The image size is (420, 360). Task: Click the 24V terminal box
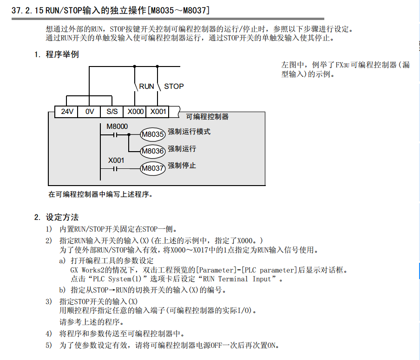coord(67,112)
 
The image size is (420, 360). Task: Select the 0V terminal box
coord(90,112)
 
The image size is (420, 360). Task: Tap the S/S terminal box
coord(112,112)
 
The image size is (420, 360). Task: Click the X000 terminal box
coord(135,112)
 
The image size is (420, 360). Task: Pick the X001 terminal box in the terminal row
coord(157,112)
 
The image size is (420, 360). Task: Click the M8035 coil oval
coord(153,135)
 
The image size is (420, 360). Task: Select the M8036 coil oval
coord(153,151)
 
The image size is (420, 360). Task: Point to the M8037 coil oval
coord(153,168)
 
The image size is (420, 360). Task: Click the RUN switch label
coord(146,86)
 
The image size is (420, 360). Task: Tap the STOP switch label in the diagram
coord(174,86)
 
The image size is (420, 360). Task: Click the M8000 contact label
coord(117,126)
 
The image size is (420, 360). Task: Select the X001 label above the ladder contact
coord(117,160)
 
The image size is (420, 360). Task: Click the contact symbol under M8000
coord(111,135)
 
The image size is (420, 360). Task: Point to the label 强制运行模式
coord(189,132)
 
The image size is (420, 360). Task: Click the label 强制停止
coord(182,165)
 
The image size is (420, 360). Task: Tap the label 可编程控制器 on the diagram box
coord(207,117)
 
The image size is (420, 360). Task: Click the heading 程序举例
coord(62,54)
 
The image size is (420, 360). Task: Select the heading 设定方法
coord(62,217)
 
